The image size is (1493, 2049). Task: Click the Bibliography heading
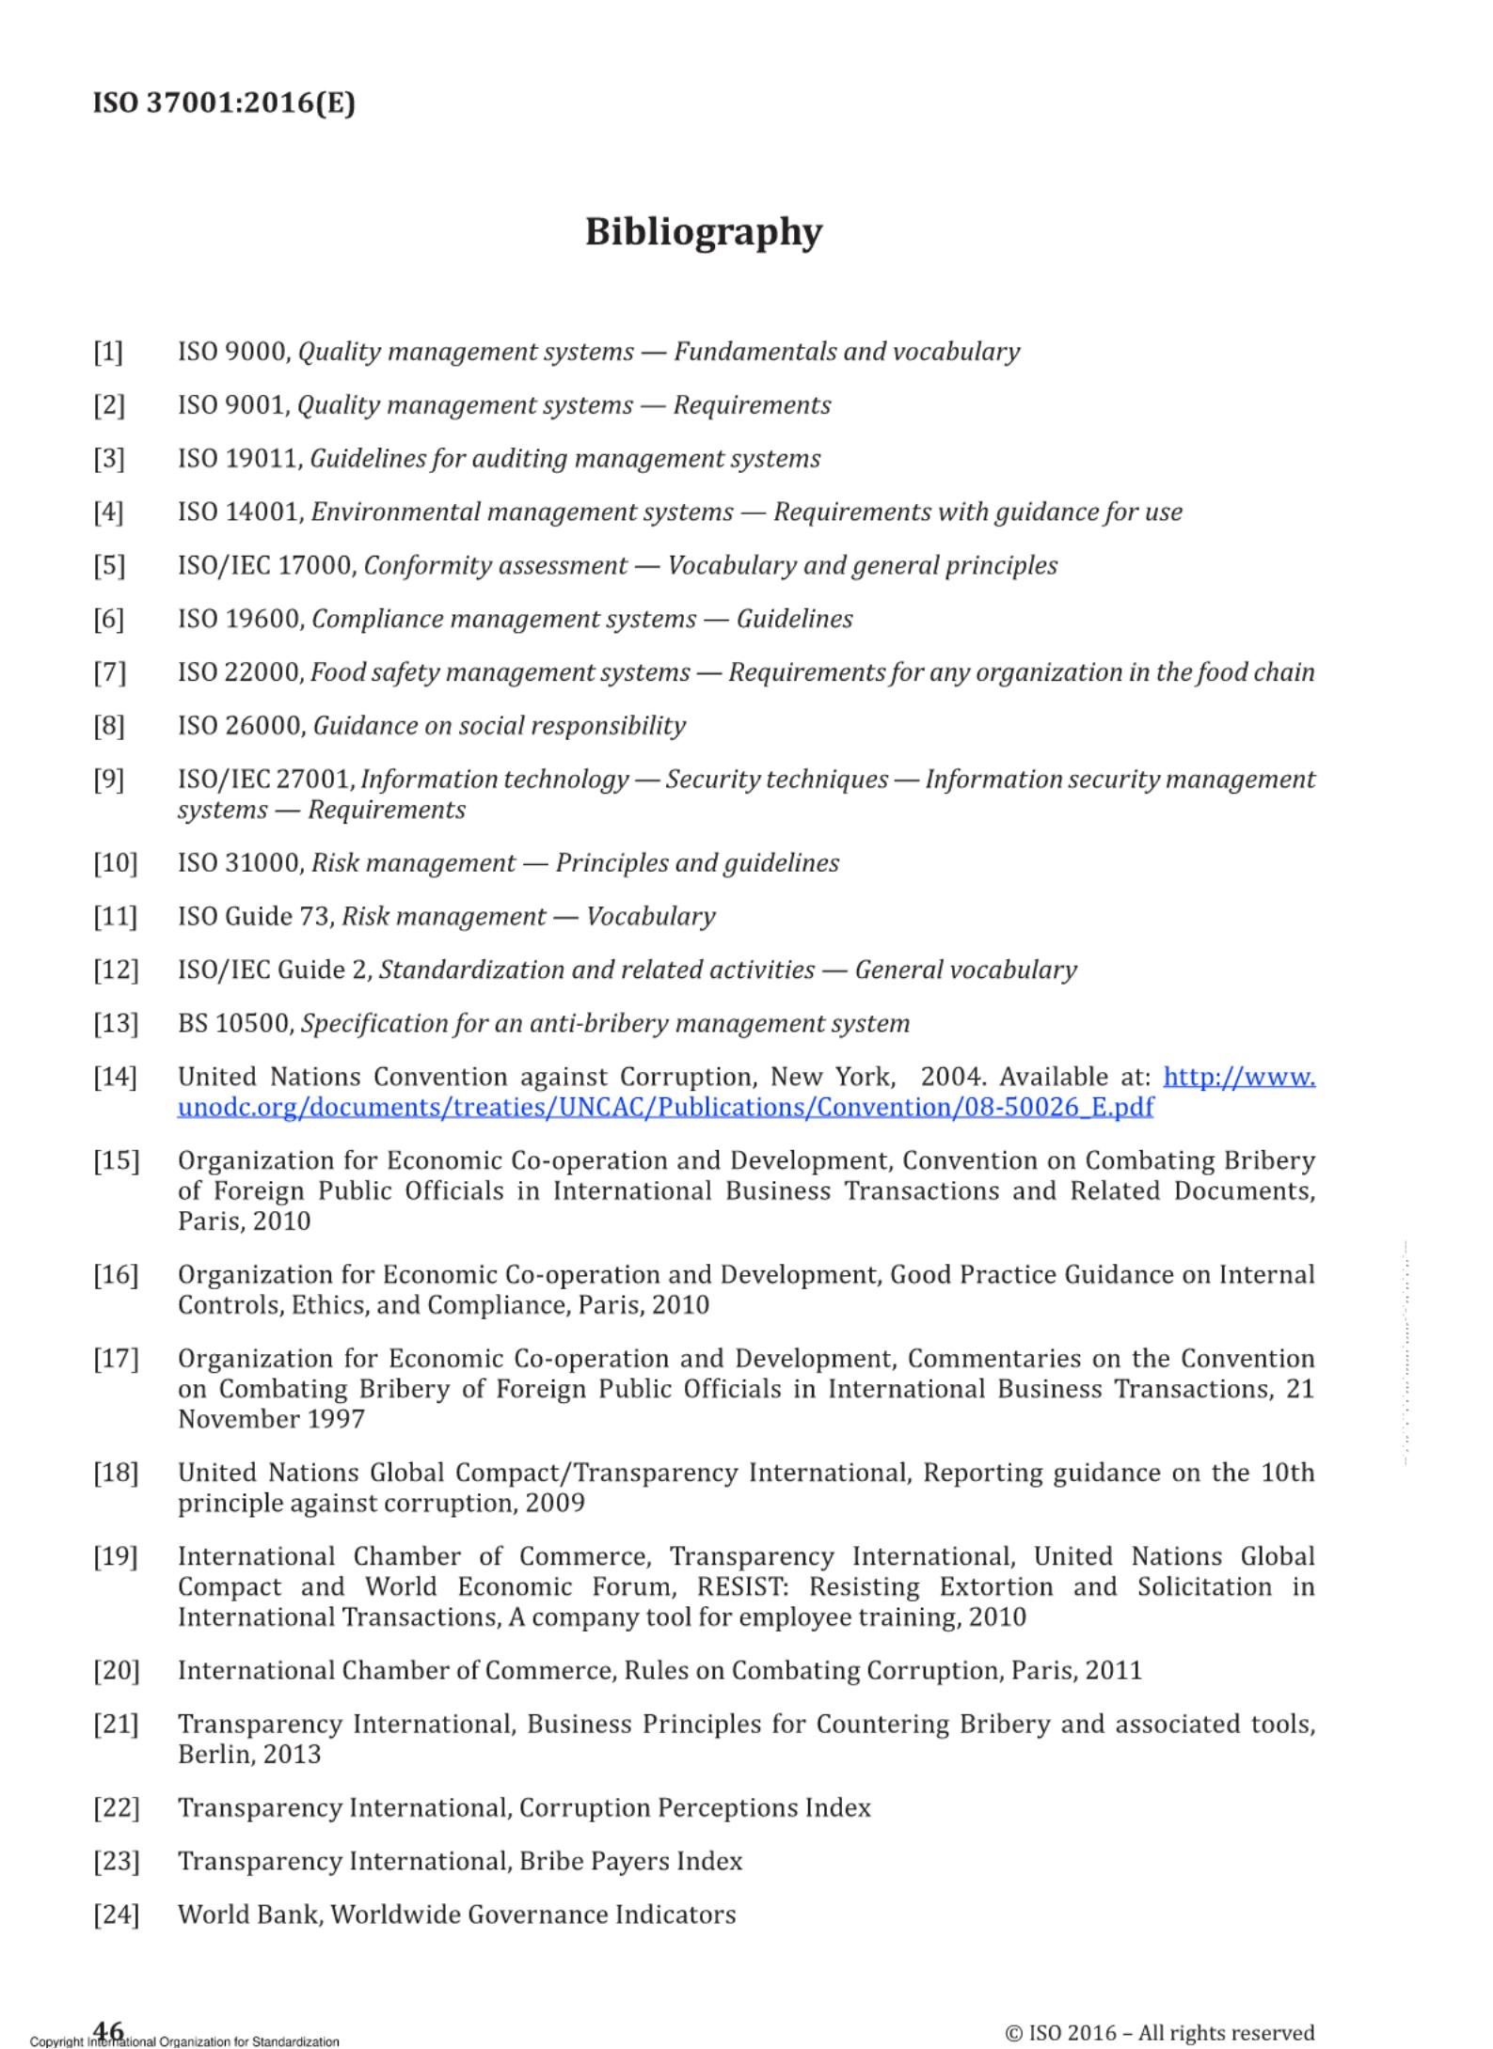(x=703, y=232)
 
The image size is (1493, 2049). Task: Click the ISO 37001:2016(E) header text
(x=224, y=102)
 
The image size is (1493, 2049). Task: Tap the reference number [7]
(x=109, y=672)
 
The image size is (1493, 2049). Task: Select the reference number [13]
(x=115, y=1023)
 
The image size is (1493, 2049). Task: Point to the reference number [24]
(x=115, y=1915)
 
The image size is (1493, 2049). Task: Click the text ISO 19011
(x=239, y=459)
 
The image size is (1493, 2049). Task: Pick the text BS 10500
(x=235, y=1023)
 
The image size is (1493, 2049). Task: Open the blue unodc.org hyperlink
(x=665, y=1107)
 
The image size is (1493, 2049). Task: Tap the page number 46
(x=109, y=2029)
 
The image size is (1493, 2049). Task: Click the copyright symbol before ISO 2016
(x=1013, y=2033)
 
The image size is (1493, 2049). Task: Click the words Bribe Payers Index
(x=631, y=1861)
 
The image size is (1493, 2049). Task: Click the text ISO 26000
(x=240, y=726)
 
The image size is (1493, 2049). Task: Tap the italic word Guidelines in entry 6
(x=794, y=619)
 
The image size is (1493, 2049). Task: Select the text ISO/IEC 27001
(x=265, y=780)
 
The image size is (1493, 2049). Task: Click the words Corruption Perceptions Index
(x=694, y=1807)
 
